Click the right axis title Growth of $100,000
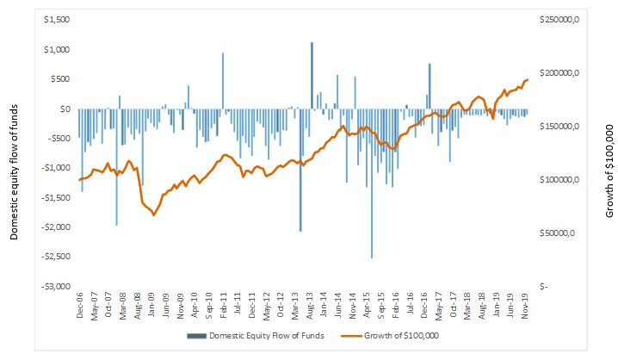click(x=609, y=172)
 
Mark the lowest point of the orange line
click(x=153, y=214)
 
